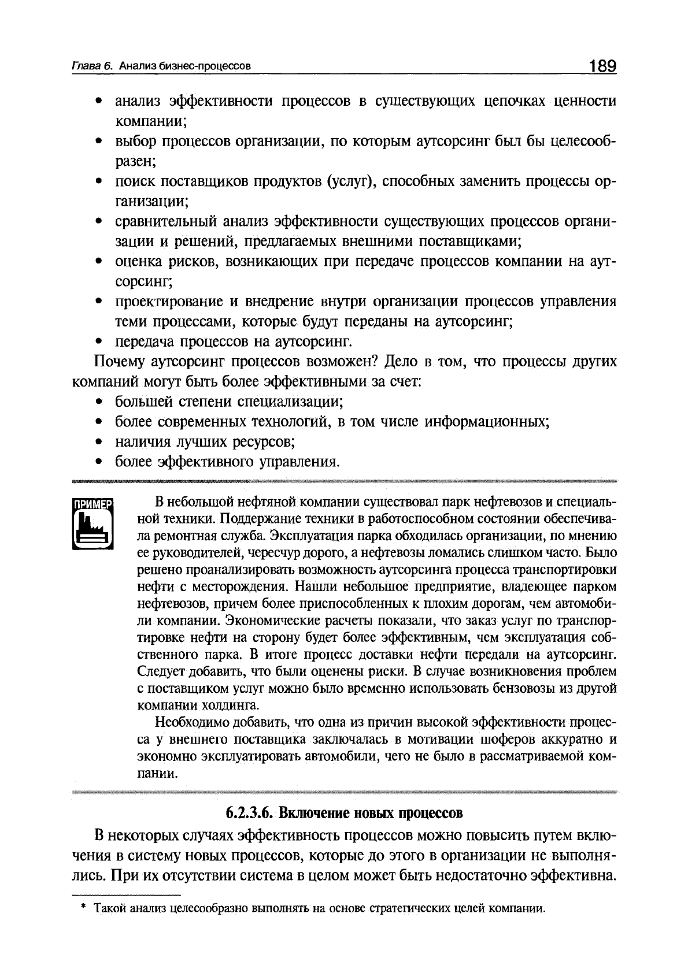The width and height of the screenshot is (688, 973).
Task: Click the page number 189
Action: (x=602, y=65)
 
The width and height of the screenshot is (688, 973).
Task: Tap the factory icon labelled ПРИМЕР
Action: (x=93, y=523)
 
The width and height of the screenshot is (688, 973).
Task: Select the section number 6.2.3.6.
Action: (x=247, y=813)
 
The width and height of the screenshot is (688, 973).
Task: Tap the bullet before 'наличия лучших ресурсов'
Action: (x=99, y=442)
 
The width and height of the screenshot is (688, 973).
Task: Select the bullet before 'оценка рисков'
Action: (x=99, y=262)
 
